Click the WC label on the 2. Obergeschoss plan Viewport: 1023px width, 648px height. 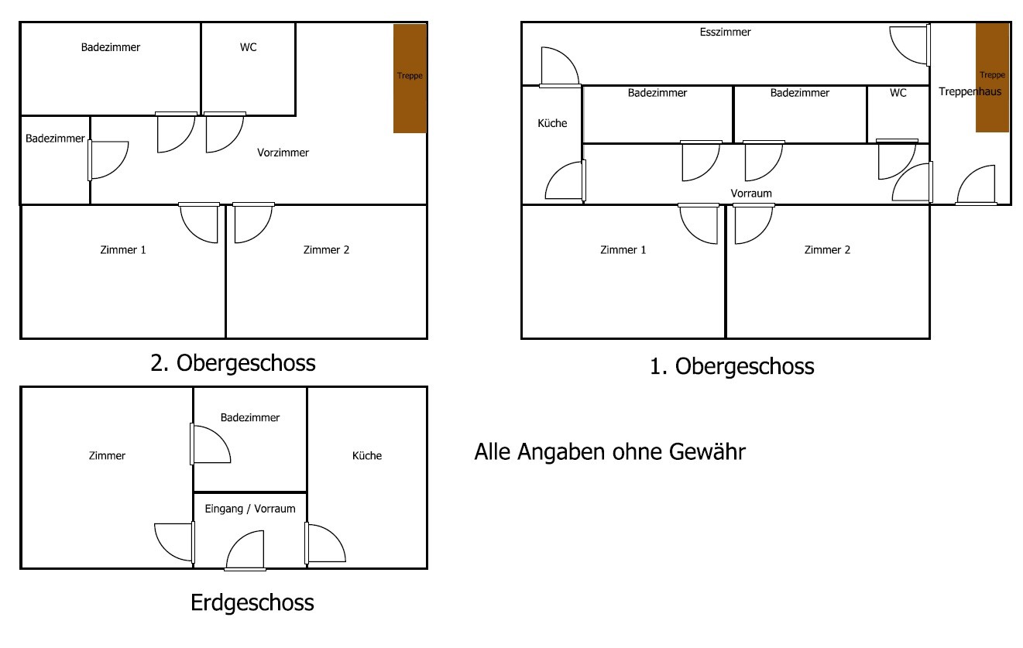[x=249, y=47]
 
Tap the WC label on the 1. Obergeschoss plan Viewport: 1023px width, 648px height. [x=898, y=93]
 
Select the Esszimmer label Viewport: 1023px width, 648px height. [x=725, y=32]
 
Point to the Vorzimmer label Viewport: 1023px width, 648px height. [x=283, y=153]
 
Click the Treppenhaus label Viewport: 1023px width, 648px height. [x=970, y=91]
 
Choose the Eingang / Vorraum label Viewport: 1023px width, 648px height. [x=250, y=509]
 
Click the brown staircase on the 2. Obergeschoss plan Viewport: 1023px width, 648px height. [x=410, y=78]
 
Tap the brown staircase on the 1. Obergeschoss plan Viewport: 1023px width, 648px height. [x=992, y=77]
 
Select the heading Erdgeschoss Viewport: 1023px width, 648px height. [x=252, y=603]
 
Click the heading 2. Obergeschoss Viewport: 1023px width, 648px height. [x=233, y=363]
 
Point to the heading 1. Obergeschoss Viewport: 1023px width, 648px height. [x=732, y=366]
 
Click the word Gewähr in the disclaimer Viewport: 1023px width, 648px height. [x=707, y=451]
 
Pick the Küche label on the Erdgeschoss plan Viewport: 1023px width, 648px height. [x=367, y=456]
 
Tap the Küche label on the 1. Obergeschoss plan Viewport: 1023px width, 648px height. [x=552, y=123]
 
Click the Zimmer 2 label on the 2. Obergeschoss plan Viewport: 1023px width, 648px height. [x=326, y=250]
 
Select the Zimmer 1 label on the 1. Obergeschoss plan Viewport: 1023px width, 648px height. [x=623, y=250]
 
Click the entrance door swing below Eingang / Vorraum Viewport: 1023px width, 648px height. [x=245, y=550]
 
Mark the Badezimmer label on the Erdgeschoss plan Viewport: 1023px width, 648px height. [x=250, y=417]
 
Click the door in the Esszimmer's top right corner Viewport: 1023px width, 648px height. [x=910, y=45]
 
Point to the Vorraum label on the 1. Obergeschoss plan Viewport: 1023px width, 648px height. [x=751, y=194]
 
